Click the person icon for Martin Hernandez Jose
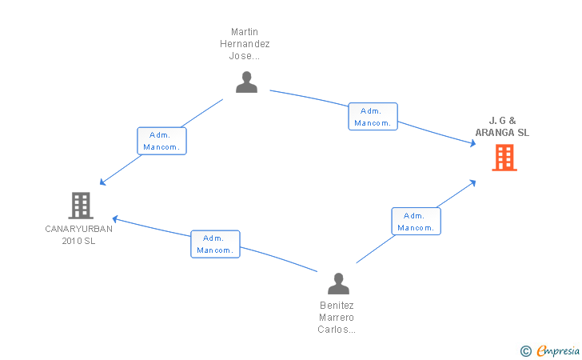(x=246, y=82)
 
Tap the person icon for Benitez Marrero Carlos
(x=338, y=283)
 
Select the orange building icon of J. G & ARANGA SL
(x=504, y=158)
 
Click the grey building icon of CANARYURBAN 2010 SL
(x=81, y=206)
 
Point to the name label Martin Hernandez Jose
(x=245, y=44)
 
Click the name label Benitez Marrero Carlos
(x=337, y=318)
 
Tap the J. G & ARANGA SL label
(x=502, y=126)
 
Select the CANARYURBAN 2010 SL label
(x=78, y=234)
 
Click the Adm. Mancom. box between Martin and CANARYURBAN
(x=161, y=141)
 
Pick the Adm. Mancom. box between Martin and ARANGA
(x=373, y=117)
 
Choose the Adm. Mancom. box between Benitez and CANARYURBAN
(x=215, y=244)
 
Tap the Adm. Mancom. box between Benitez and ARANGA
(x=416, y=222)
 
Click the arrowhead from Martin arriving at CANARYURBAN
(x=103, y=182)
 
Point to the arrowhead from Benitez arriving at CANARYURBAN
(x=115, y=219)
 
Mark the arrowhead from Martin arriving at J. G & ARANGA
(x=473, y=143)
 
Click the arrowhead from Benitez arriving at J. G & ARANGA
(x=472, y=182)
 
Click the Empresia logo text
(x=558, y=350)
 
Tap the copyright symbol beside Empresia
(x=525, y=351)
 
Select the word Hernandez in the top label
(x=245, y=44)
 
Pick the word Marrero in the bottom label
(x=337, y=318)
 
